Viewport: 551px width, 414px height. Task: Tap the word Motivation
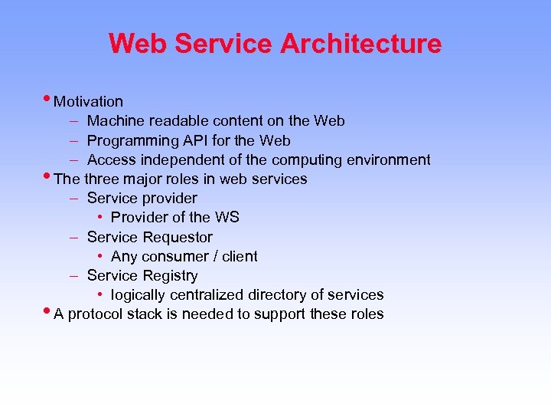point(89,101)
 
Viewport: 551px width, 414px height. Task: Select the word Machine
point(115,120)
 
